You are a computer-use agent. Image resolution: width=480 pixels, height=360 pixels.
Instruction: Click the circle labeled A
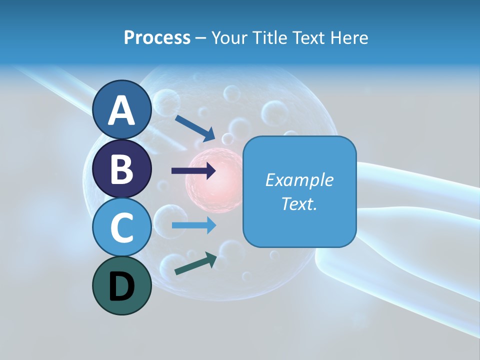click(x=122, y=109)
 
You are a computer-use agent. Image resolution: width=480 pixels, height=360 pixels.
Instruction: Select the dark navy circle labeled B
click(x=122, y=168)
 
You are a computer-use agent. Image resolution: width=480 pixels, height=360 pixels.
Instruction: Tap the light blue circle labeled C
click(x=122, y=227)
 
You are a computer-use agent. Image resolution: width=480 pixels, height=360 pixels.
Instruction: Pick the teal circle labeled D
click(x=122, y=285)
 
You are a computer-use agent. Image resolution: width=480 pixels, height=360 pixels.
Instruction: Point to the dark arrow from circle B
click(x=194, y=171)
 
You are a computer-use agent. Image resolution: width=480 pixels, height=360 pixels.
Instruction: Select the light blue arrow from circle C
click(x=194, y=225)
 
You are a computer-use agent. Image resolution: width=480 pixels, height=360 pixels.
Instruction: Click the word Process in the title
click(x=157, y=37)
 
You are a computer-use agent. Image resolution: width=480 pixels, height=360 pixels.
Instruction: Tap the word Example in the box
click(x=299, y=180)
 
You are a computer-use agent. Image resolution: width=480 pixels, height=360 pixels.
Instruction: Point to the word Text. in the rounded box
click(x=299, y=203)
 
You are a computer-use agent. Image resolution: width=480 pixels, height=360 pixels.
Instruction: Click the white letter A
click(x=122, y=110)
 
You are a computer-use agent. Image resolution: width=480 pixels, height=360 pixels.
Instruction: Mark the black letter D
click(x=122, y=286)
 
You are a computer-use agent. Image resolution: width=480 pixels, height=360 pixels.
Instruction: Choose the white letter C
click(x=122, y=228)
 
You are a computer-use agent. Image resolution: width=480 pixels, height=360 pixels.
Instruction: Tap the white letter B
click(x=122, y=169)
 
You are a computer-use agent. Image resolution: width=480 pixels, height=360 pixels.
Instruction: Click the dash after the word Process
click(x=201, y=38)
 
